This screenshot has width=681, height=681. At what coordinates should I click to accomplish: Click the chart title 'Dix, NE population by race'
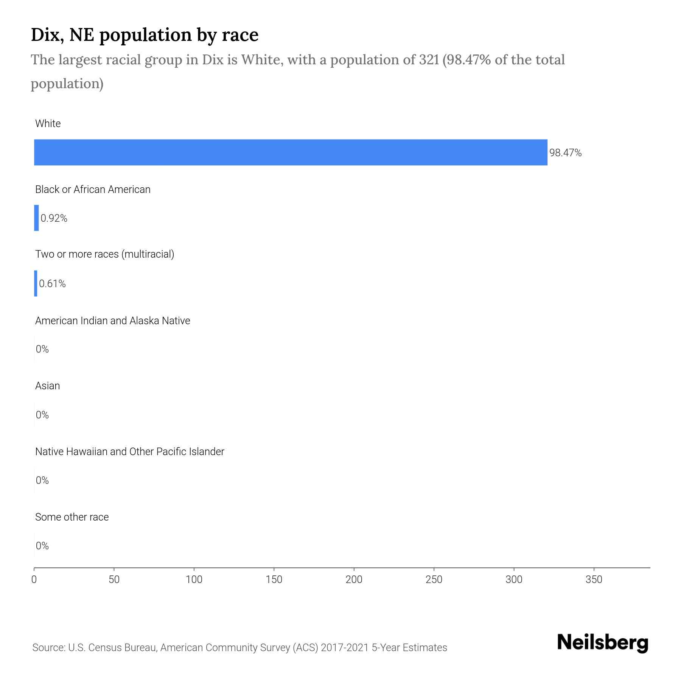coord(145,35)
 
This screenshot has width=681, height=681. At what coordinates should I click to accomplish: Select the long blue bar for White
coord(291,152)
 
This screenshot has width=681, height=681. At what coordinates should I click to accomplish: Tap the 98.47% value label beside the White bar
coord(565,153)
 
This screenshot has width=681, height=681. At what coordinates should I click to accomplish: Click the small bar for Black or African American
coord(36,218)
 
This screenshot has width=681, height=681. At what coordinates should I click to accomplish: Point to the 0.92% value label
coord(54,218)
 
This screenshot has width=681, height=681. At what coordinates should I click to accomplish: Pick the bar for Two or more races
coord(36,283)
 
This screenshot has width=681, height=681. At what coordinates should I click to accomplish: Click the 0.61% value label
coord(52,284)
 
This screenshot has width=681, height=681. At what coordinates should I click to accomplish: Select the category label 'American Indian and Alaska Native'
coord(112,321)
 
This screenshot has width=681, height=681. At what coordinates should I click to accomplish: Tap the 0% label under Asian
coord(42,415)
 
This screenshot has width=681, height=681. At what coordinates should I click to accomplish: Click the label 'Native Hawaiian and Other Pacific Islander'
coord(129,452)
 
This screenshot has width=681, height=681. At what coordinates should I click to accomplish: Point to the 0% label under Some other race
coord(42,546)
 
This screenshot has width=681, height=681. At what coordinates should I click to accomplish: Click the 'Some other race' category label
coord(72,517)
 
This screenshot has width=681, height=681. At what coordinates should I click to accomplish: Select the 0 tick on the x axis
coord(34,580)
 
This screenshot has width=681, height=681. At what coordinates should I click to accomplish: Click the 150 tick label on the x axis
coord(274,580)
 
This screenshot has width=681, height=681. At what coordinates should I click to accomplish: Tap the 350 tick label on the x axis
coord(594,580)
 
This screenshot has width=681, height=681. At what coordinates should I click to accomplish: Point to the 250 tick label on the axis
coord(434,580)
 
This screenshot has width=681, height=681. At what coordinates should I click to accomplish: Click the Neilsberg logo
coord(603,643)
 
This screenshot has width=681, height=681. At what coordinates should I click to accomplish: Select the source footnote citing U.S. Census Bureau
coord(239,648)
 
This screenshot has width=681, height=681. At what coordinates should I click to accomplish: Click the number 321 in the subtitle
coord(429,60)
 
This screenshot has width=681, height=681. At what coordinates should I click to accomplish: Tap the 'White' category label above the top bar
coord(48,124)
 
